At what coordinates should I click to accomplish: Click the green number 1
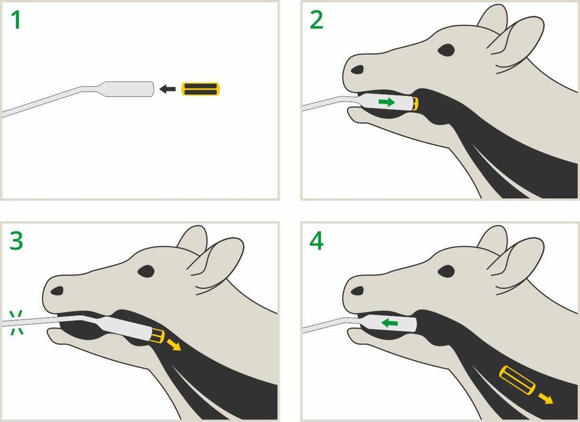pos(16,20)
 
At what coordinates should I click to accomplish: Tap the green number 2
pos(316,20)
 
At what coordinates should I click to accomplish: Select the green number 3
pos(16,241)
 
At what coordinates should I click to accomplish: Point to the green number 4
pos(316,241)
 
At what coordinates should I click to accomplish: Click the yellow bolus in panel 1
pos(201,89)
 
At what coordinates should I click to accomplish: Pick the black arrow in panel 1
pos(167,89)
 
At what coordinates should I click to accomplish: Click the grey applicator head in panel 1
pos(128,89)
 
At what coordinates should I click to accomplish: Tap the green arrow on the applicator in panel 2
pos(387,102)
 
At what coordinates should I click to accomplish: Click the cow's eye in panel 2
pos(446,50)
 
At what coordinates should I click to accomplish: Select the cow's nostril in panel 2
pos(357,69)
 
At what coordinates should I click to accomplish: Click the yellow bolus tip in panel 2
pos(416,104)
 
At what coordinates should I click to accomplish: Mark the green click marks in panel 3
pos(16,323)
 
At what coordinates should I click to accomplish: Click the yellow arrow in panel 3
pos(173,344)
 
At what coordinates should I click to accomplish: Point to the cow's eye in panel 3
pos(146,271)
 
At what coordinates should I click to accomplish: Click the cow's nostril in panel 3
pos(57,291)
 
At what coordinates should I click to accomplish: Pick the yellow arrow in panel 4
pos(546,398)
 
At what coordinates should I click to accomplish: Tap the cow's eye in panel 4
pos(446,271)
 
